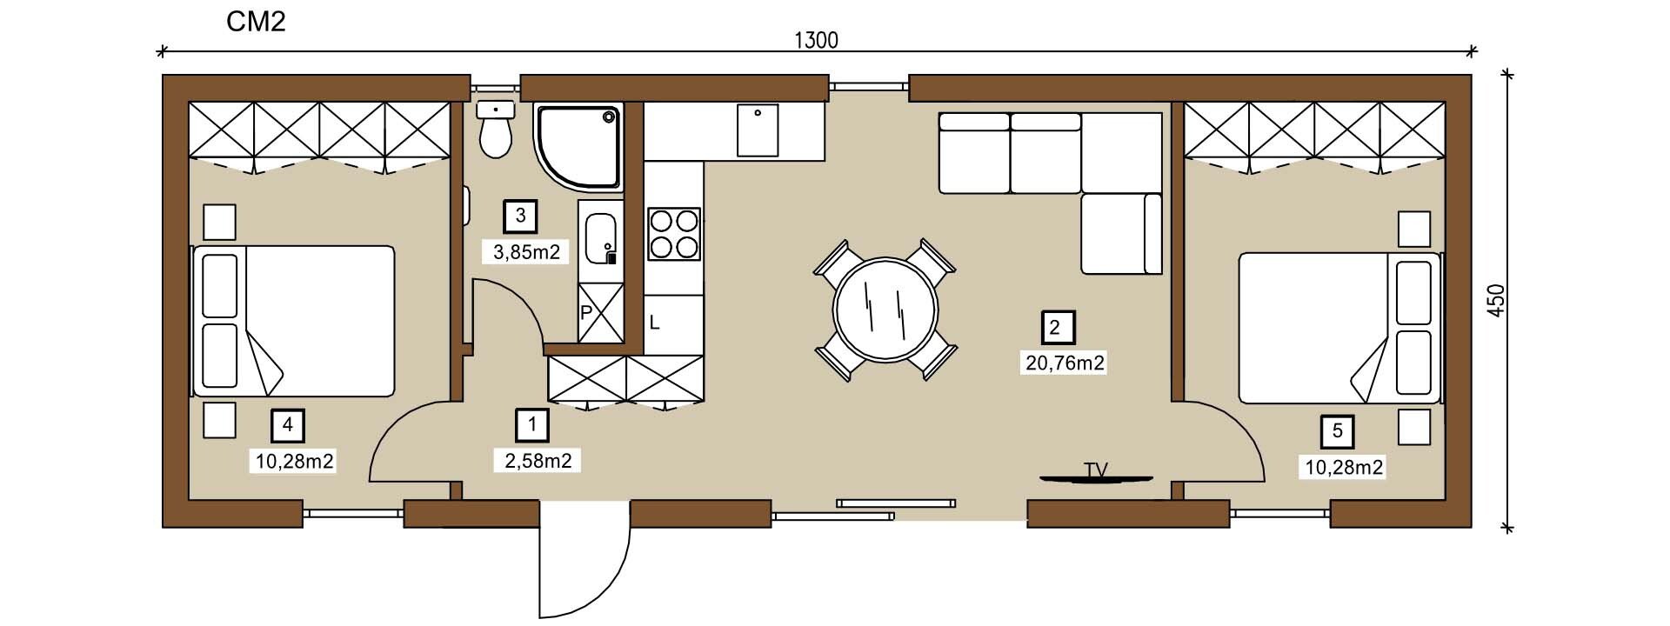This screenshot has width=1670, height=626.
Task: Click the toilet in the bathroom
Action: (x=496, y=130)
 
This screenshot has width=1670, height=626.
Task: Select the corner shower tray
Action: (x=578, y=147)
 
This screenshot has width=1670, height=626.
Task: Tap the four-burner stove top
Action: (x=674, y=234)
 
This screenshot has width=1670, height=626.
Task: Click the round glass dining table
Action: (x=885, y=309)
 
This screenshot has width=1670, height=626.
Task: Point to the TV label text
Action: (x=1096, y=469)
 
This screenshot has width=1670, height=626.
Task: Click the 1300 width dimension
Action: (x=816, y=40)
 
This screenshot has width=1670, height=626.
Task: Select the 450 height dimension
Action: (x=1496, y=301)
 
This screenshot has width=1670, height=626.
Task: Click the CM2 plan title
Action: (x=256, y=22)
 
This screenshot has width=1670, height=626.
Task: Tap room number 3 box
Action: (x=520, y=216)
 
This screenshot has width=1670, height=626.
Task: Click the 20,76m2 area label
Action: (x=1065, y=363)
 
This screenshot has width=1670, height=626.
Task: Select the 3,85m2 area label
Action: (x=526, y=253)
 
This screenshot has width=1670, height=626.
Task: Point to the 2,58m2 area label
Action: (x=538, y=461)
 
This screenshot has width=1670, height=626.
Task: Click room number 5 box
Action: (x=1338, y=431)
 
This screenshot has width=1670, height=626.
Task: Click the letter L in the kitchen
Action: (x=654, y=323)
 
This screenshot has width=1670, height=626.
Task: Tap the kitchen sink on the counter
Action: (x=758, y=130)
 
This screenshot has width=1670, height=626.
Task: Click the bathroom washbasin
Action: (x=601, y=237)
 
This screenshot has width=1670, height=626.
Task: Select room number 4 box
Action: (x=288, y=426)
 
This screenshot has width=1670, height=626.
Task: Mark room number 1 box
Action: (x=532, y=425)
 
